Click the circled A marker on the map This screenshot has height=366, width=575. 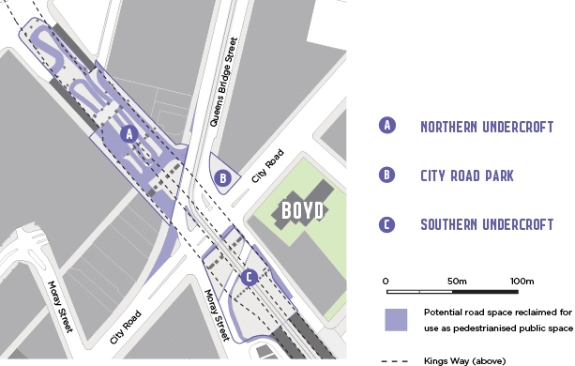pos(130,134)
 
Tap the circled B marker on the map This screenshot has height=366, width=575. pos(223,176)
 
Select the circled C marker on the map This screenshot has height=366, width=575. pos(249,277)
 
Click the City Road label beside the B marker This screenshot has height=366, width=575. pos(266,165)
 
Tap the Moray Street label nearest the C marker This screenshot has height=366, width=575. pos(218,314)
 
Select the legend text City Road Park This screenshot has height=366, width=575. pos(468,175)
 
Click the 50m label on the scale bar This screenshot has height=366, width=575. pos(457,282)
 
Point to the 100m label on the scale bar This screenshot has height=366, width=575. pos(521,282)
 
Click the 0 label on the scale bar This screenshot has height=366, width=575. pos(386,282)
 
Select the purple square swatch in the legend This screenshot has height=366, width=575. pos(396,319)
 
